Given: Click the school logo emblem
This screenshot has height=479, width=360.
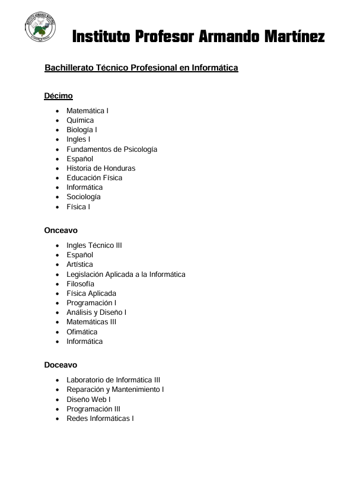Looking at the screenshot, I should coord(41,27).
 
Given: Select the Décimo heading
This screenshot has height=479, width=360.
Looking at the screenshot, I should coord(58,96).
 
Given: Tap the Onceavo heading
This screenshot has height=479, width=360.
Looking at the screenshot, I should coord(61,230).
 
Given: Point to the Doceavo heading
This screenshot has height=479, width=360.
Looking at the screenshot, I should coord(60,365).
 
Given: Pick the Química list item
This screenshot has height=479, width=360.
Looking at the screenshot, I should coord(80,120).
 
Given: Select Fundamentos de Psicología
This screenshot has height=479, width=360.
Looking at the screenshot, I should coord(111,149).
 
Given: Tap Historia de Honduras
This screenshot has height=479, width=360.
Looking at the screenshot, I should coord(101,168).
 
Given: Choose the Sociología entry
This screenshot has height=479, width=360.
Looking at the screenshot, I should coord(84,197).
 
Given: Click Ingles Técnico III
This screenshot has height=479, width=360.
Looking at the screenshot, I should coord(94,245).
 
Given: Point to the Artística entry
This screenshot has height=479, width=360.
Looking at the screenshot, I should coord(79,264).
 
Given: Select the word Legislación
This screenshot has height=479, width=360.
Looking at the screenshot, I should coord(85,274).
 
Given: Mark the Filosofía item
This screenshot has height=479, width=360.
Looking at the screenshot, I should coord(80,284).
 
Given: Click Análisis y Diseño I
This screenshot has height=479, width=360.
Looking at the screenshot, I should coord(96,312).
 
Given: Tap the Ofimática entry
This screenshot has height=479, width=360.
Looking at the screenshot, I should coord(82,332).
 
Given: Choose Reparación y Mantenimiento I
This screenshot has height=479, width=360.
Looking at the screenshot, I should coord(115,389).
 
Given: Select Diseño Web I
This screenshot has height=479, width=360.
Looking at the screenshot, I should coord(88,400).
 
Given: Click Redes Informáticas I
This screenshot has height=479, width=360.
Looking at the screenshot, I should coord(100,419).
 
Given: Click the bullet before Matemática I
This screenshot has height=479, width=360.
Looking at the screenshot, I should coord(57,111).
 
